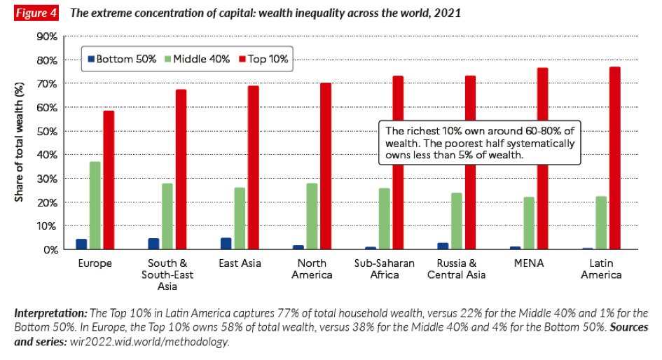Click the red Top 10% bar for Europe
tap(109, 180)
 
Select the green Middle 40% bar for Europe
tap(95, 205)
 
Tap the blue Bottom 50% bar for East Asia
tap(226, 244)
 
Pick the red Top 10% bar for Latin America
tap(614, 158)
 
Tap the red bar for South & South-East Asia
tap(181, 169)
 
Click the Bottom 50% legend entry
tap(121, 59)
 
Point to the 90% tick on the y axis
tap(46, 36)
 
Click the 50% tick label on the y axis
tap(46, 131)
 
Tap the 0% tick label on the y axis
tap(48, 249)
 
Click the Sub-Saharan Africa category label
tap(384, 268)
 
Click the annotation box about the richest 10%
tap(480, 144)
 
